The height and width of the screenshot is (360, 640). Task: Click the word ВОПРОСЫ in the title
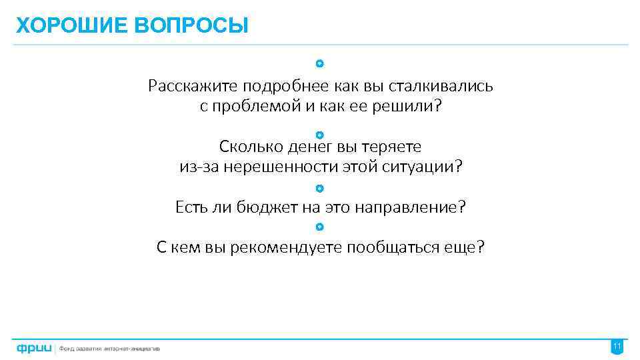[x=191, y=26]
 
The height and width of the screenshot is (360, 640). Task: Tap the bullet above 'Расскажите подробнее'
[x=320, y=64]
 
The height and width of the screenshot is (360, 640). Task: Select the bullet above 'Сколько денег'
[x=320, y=135]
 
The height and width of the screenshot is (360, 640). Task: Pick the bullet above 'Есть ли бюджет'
[x=320, y=188]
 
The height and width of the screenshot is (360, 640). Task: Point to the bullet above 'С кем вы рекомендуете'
[x=320, y=227]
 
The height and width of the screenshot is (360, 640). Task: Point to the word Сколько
[x=244, y=146]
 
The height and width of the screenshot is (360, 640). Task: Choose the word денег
[x=297, y=146]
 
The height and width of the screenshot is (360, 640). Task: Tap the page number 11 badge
[x=617, y=347]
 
